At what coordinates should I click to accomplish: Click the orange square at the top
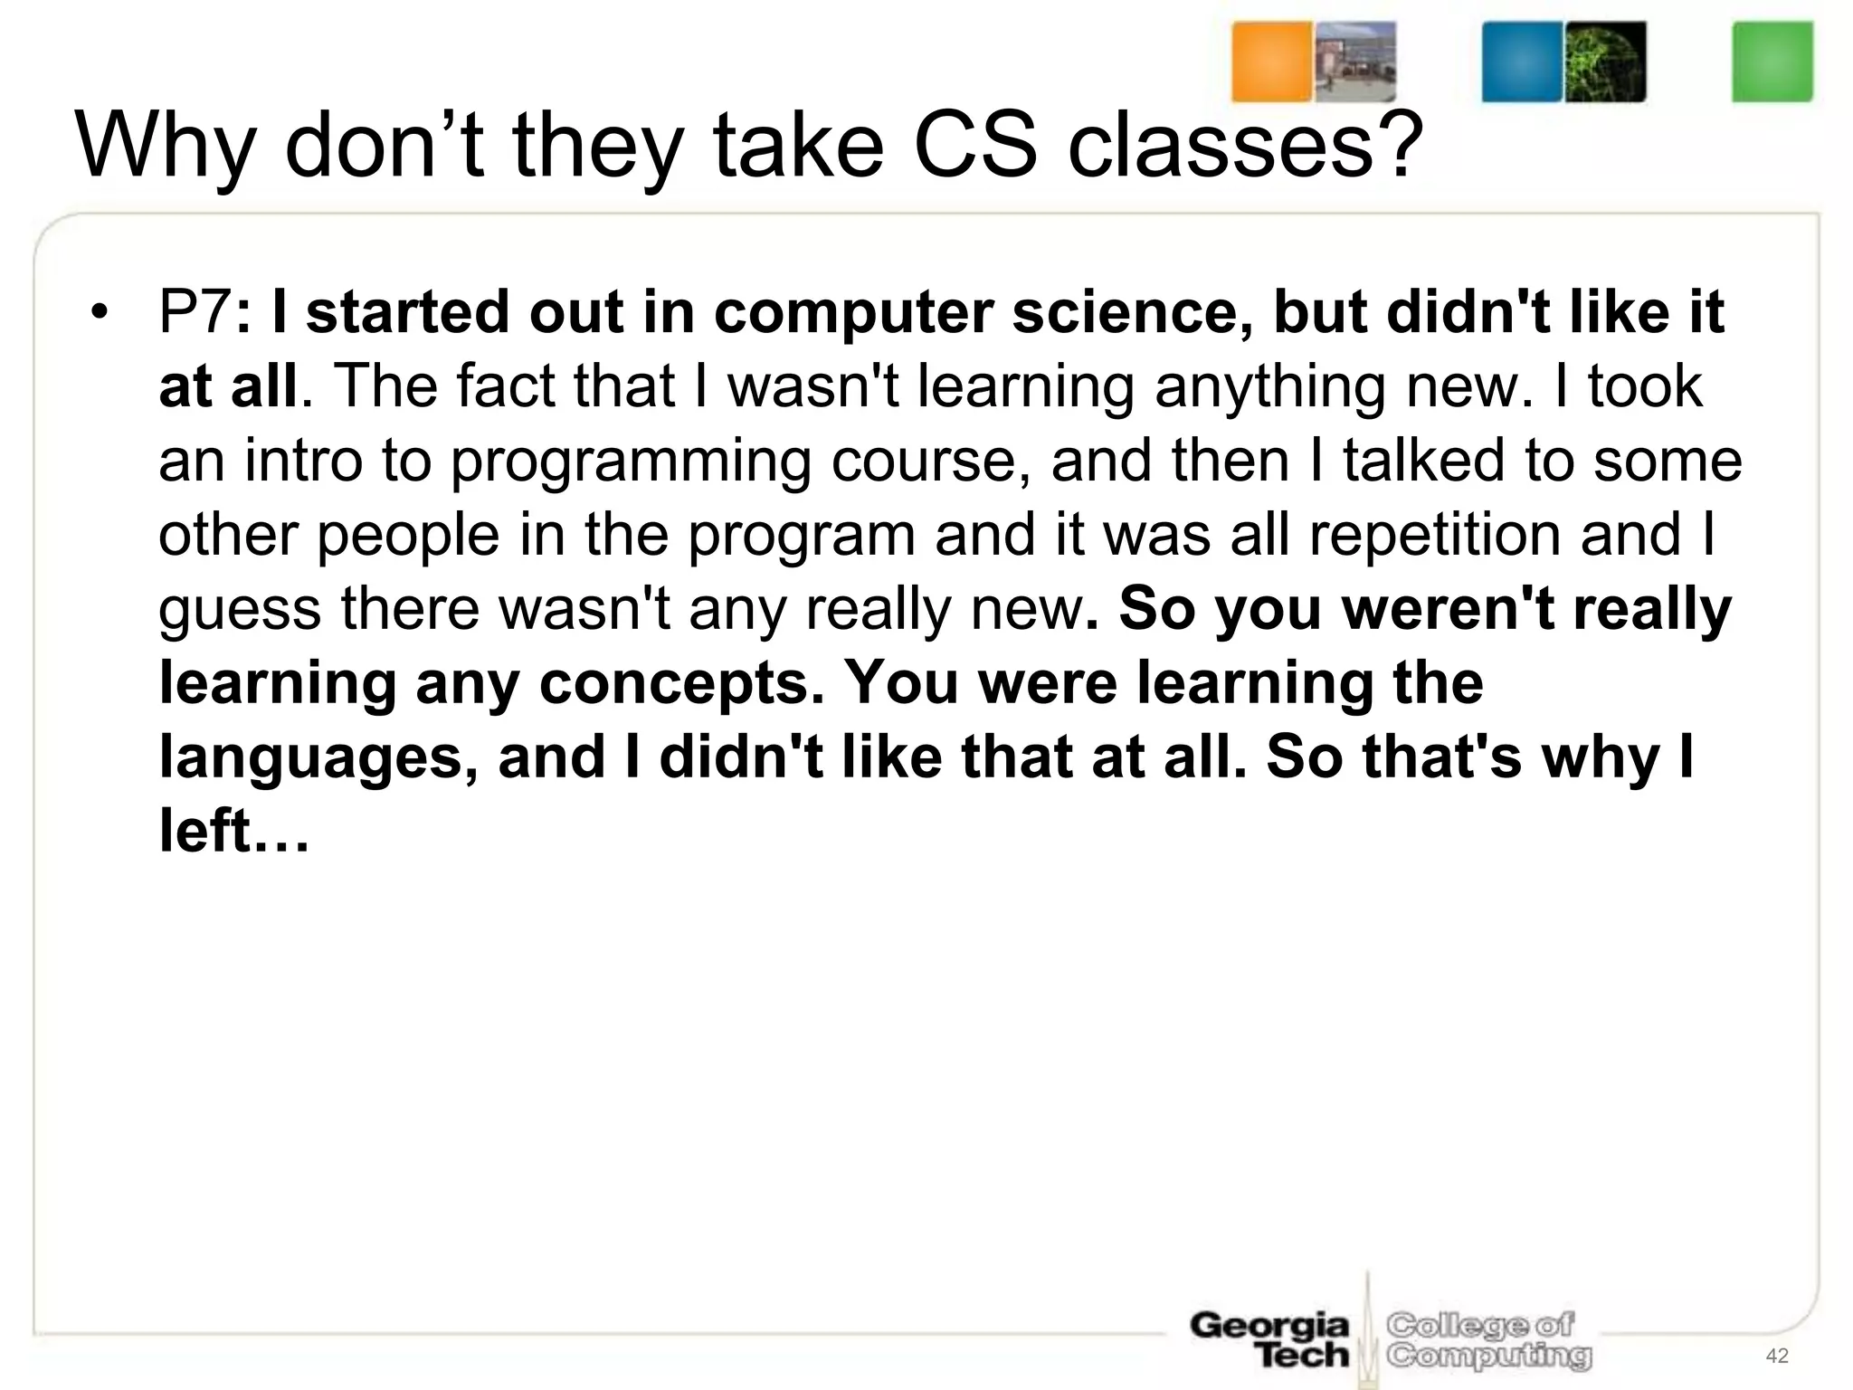point(1271,62)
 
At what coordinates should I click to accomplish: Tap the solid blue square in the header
point(1522,62)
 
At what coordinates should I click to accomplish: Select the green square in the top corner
point(1772,62)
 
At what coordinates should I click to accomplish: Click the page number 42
point(1777,1355)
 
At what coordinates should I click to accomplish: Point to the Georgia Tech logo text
point(1269,1340)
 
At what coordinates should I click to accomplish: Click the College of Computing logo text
point(1488,1340)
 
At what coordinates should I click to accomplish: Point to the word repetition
point(1434,535)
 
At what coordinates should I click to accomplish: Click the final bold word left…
point(234,832)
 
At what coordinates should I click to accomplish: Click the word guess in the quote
point(239,610)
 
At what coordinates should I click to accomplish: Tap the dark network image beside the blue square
point(1606,62)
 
